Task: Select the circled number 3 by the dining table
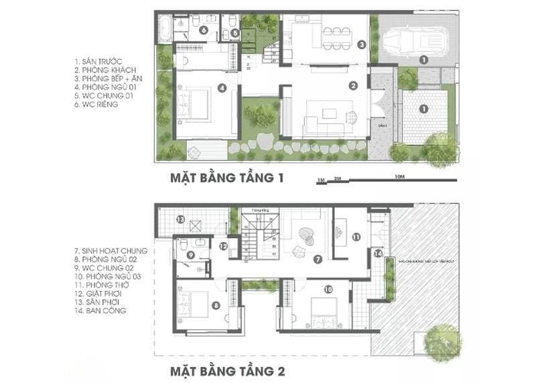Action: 360,46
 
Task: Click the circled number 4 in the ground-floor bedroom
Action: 220,87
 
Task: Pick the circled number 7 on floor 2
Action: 318,258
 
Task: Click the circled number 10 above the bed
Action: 328,290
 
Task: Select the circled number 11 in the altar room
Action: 356,237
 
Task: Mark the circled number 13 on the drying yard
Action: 180,220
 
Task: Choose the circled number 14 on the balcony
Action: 378,254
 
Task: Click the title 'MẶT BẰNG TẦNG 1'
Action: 228,179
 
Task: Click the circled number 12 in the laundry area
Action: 224,246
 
